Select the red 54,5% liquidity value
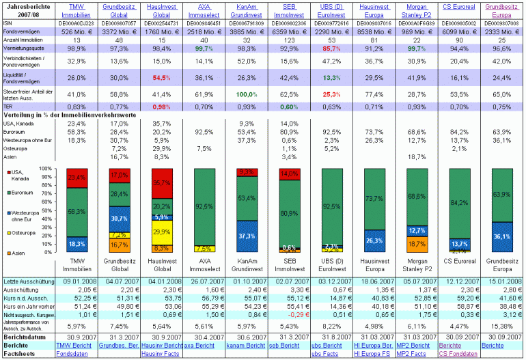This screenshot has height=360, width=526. pyautogui.click(x=161, y=78)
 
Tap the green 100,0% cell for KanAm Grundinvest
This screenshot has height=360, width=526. pyautogui.click(x=247, y=94)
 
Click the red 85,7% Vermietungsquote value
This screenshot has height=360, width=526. pyautogui.click(x=331, y=50)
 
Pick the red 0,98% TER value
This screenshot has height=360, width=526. pyautogui.click(x=161, y=107)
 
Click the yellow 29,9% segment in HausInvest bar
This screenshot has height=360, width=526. pyautogui.click(x=161, y=232)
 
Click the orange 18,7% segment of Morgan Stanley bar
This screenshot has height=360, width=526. pyautogui.click(x=416, y=243)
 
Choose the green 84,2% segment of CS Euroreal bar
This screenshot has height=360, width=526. pyautogui.click(x=458, y=203)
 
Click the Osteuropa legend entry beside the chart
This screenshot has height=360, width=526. pyautogui.click(x=24, y=232)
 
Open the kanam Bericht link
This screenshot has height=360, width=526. pyautogui.click(x=246, y=346)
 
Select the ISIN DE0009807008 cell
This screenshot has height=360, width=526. pyautogui.click(x=500, y=22)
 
